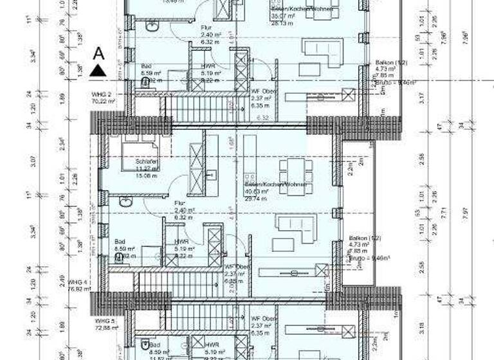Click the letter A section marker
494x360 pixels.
click(98, 53)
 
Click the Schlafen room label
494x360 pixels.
click(146, 161)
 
